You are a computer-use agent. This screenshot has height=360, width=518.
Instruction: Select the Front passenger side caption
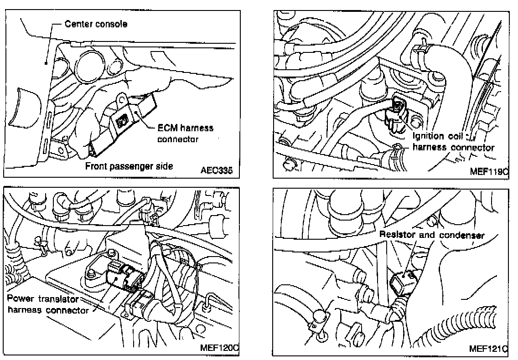point(129,166)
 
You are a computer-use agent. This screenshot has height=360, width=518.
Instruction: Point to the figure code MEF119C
point(490,171)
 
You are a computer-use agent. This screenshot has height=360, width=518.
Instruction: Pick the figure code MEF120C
point(220,348)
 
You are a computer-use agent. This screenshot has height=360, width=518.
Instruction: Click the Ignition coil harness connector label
point(453,142)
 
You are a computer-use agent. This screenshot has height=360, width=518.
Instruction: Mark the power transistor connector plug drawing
point(121,278)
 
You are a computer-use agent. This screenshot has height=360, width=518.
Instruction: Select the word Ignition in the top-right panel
point(429,136)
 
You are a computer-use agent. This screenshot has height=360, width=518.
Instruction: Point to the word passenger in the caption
point(125,166)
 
